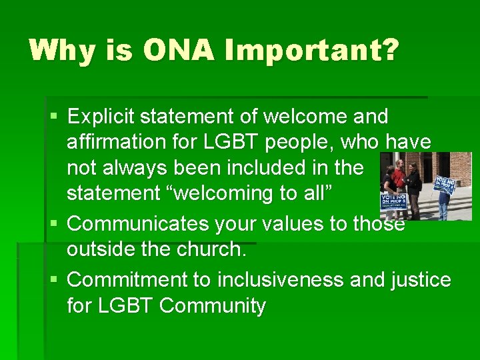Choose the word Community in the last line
point(213,306)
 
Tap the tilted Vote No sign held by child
point(444,184)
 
